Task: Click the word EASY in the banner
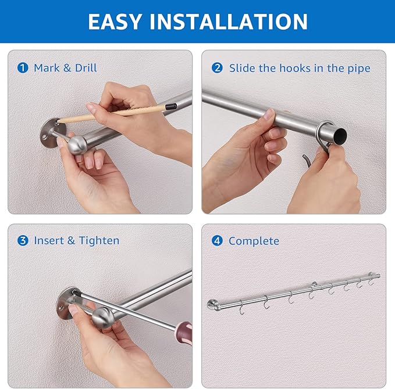click(115, 21)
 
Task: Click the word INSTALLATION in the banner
click(228, 21)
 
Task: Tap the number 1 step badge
click(23, 68)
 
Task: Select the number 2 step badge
click(217, 68)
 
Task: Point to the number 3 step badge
click(23, 240)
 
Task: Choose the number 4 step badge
click(217, 240)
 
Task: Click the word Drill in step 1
click(86, 68)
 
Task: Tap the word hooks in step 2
click(295, 68)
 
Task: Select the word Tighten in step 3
click(99, 241)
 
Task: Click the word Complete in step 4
click(254, 241)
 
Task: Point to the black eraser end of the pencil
click(170, 106)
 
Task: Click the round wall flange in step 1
click(52, 133)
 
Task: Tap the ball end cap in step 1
click(77, 145)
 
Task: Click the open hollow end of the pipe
click(340, 135)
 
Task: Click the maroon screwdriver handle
click(184, 333)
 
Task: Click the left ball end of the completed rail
click(213, 305)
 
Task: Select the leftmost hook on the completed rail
click(241, 308)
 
